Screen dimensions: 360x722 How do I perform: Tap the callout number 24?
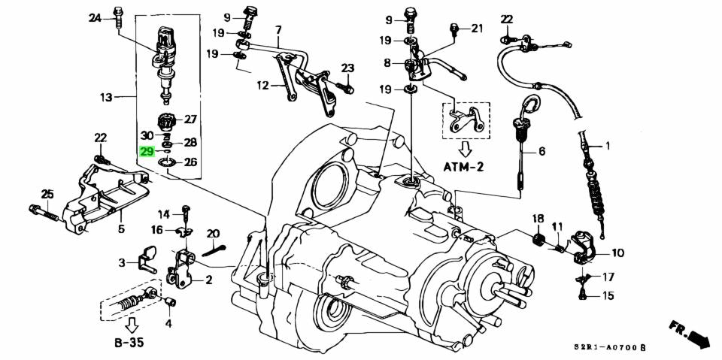(94, 17)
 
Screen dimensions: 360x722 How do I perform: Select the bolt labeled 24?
(119, 16)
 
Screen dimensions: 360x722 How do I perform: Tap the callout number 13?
(105, 97)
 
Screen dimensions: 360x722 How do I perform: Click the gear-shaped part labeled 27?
(166, 120)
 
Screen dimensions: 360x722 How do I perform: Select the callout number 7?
(278, 30)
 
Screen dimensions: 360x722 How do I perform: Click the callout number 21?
(477, 29)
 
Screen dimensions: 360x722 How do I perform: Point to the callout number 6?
(541, 151)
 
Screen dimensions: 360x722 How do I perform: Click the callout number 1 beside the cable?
(608, 145)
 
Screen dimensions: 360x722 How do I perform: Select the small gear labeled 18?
(538, 241)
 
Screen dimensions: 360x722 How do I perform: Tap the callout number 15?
(607, 295)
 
